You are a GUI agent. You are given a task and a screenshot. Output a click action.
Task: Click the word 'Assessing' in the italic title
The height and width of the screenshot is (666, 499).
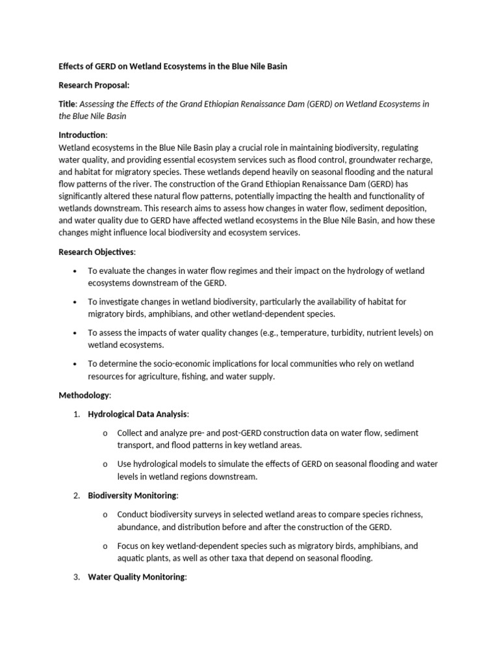pyautogui.click(x=97, y=104)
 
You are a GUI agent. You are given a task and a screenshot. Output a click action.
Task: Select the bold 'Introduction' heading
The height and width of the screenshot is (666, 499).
pyautogui.click(x=82, y=135)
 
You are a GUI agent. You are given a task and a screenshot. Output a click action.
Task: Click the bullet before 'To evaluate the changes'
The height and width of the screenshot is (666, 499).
pyautogui.click(x=76, y=271)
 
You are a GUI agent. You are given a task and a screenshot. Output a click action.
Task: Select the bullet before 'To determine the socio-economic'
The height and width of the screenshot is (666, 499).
pyautogui.click(x=76, y=364)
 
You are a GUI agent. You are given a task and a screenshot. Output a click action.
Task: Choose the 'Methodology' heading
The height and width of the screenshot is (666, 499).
pyautogui.click(x=84, y=395)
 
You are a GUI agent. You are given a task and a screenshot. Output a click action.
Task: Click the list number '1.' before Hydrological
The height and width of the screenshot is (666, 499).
pyautogui.click(x=76, y=414)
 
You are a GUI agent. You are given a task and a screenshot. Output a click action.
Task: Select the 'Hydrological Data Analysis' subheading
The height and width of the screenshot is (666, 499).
pyautogui.click(x=138, y=414)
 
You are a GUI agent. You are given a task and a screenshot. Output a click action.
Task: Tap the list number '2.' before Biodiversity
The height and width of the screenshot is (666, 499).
pyautogui.click(x=76, y=496)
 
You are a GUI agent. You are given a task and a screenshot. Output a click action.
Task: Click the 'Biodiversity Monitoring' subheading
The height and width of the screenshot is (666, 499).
pyautogui.click(x=132, y=496)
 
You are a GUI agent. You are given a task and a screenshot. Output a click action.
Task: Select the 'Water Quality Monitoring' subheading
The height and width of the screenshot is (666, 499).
pyautogui.click(x=136, y=577)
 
